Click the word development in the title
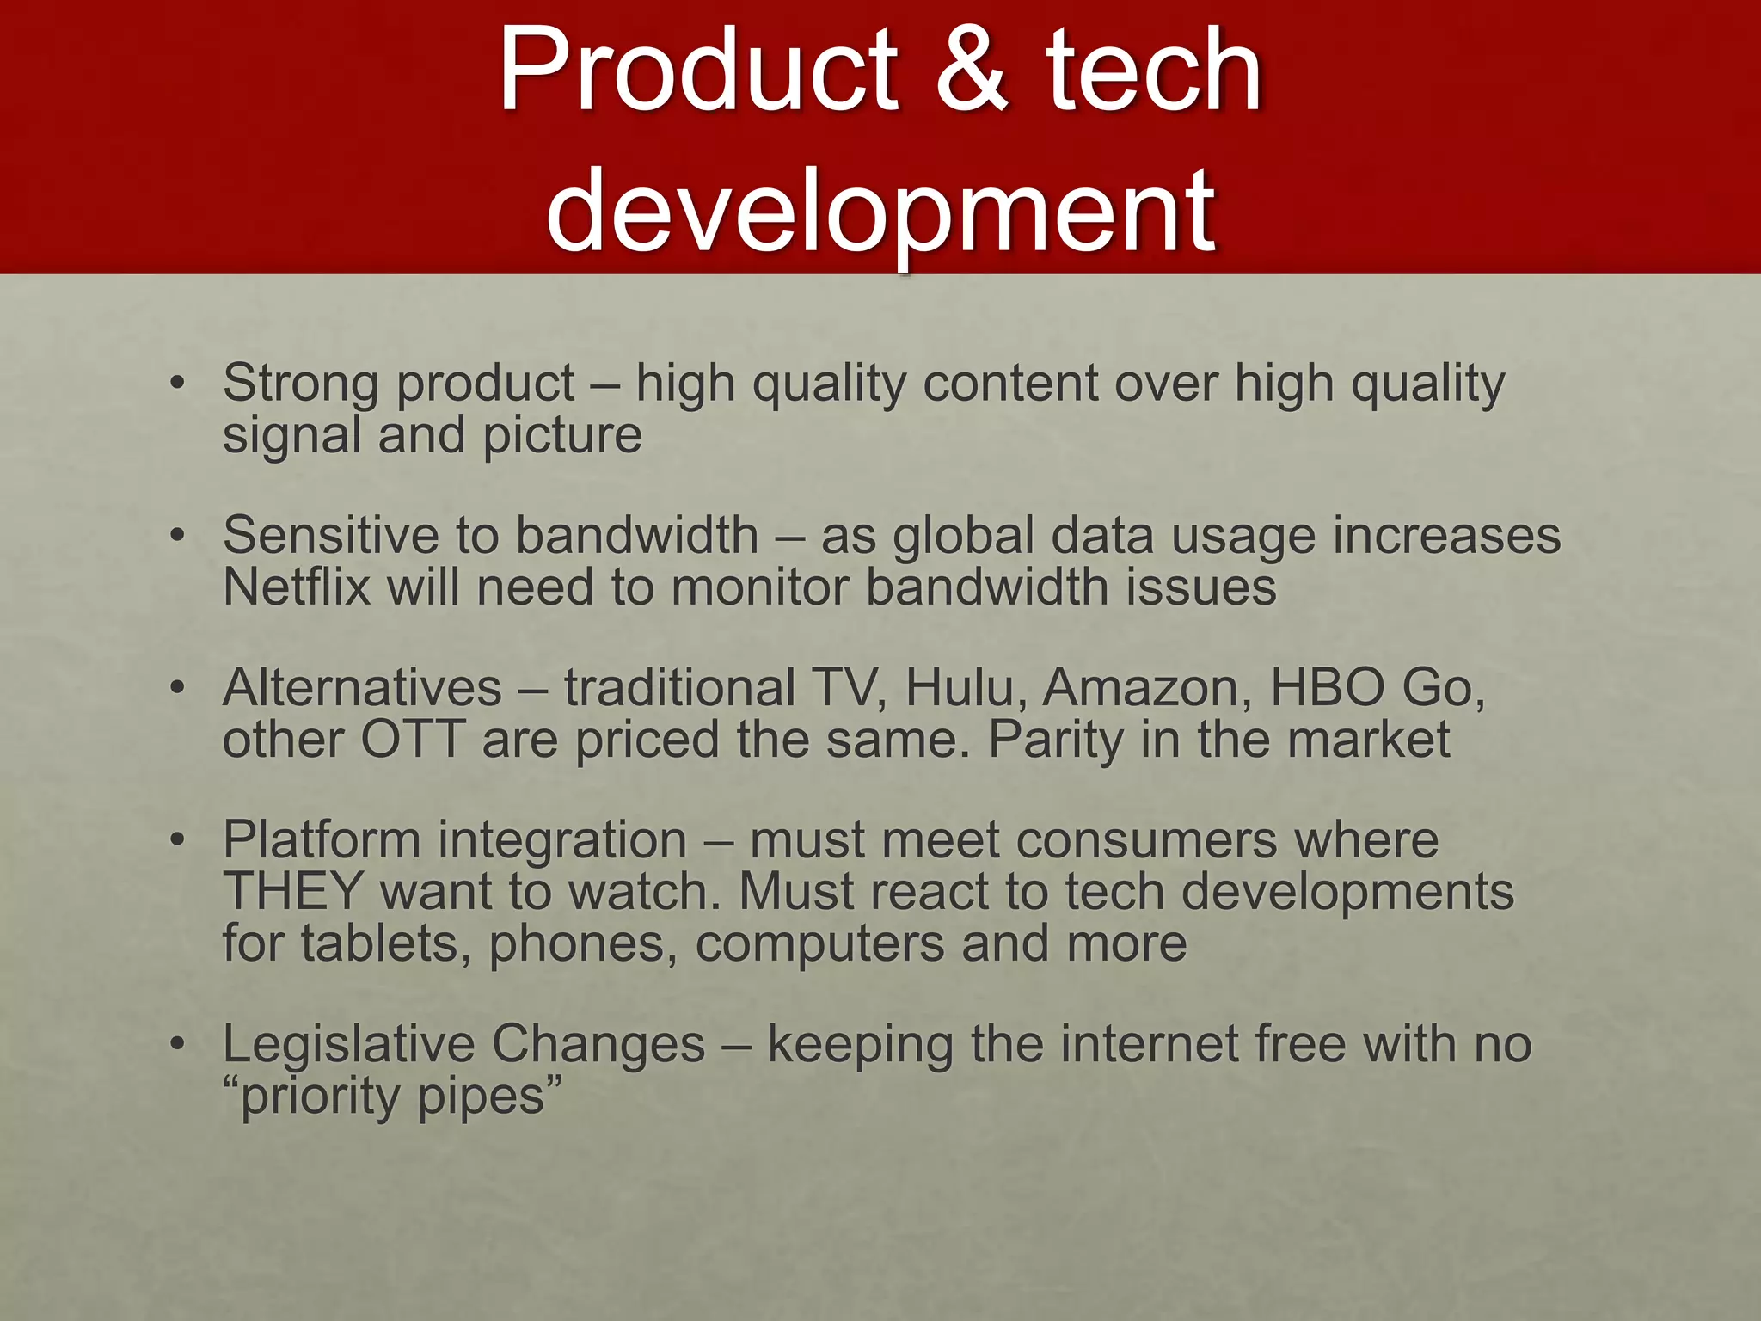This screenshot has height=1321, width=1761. coord(880,211)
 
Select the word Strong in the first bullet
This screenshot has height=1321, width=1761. coord(300,383)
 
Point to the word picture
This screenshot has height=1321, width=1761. coord(562,436)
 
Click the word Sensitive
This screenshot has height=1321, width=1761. coord(330,535)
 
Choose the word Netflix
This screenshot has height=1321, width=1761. coord(297,588)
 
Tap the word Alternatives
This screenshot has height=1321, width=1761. coord(362,688)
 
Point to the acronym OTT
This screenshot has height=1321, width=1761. coord(413,740)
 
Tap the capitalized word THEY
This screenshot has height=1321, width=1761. coord(293,892)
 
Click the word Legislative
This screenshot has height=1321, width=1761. coord(348,1045)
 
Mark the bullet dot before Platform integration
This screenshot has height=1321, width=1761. coord(178,839)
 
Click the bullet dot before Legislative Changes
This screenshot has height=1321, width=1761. coord(178,1044)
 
